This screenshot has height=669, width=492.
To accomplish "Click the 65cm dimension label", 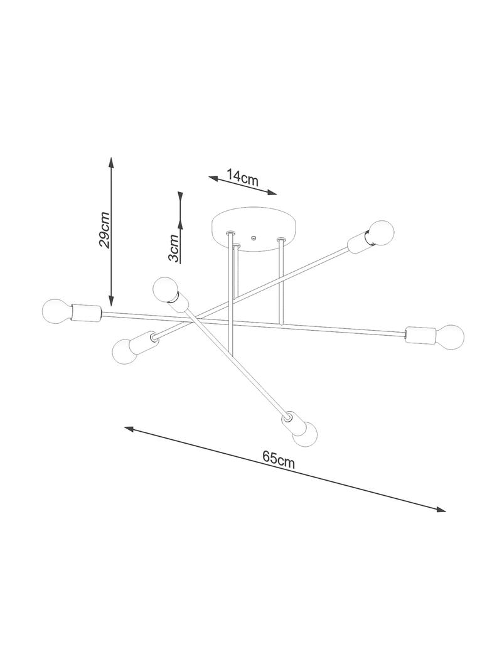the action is (x=279, y=459).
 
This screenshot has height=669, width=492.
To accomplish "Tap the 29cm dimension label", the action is (x=105, y=230).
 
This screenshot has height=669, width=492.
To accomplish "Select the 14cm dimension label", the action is (x=242, y=178).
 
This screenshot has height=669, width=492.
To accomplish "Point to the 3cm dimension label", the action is (x=173, y=248).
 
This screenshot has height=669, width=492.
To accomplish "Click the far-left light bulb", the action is (x=57, y=311).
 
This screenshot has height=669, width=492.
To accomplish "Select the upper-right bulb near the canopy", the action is (x=381, y=232).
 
